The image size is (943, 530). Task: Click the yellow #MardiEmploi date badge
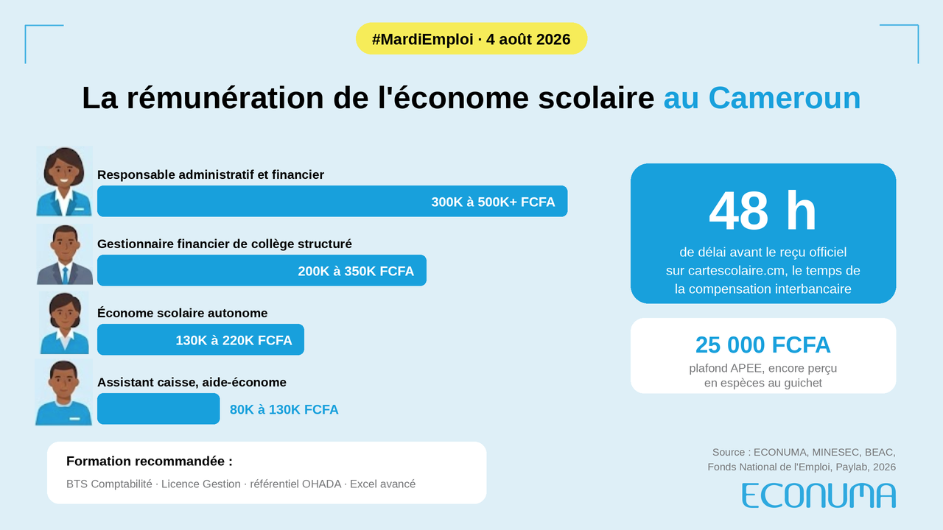point(471,39)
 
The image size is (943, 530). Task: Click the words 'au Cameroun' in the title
point(762,98)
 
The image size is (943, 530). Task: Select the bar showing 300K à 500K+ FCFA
point(332,201)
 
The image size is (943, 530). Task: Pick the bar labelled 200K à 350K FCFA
point(262,270)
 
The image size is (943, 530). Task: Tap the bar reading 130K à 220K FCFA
point(201,339)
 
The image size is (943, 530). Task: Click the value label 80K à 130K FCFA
point(284,409)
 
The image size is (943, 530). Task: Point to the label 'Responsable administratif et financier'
point(211,174)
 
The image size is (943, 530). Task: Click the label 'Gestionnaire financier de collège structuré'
point(225,244)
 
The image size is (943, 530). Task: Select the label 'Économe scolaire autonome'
point(182,313)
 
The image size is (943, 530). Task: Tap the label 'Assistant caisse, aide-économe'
point(192,382)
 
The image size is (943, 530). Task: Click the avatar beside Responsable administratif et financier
point(64,181)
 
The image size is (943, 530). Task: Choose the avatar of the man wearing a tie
point(64,255)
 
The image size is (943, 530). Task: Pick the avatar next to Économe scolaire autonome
point(64,323)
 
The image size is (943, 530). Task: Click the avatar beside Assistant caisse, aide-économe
point(63,392)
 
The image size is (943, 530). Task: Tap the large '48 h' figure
point(763,211)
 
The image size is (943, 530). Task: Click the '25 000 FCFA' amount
point(763,345)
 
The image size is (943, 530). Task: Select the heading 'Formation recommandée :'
point(150,461)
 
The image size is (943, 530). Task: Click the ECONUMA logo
point(818,495)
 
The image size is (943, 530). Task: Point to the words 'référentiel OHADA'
point(295,484)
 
